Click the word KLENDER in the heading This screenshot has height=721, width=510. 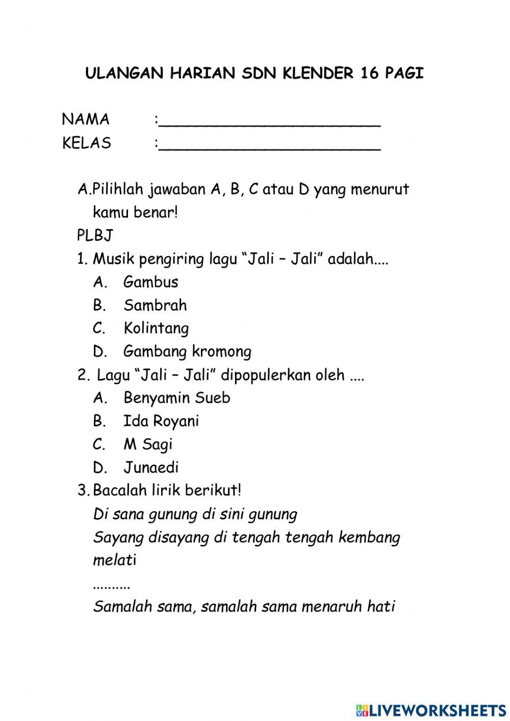click(317, 73)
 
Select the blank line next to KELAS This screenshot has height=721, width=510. click(269, 146)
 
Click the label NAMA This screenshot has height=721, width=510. click(86, 119)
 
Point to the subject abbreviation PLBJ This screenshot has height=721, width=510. click(95, 236)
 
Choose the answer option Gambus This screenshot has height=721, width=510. click(150, 282)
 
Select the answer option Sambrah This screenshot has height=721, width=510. click(155, 305)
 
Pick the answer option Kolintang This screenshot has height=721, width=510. click(156, 328)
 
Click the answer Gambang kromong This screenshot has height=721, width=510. click(187, 352)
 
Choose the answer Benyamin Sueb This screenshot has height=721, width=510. click(176, 398)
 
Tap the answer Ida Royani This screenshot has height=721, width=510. click(161, 421)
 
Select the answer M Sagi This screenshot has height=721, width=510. click(148, 444)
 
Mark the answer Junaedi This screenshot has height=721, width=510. click(151, 467)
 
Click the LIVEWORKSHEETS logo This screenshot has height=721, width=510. click(431, 710)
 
